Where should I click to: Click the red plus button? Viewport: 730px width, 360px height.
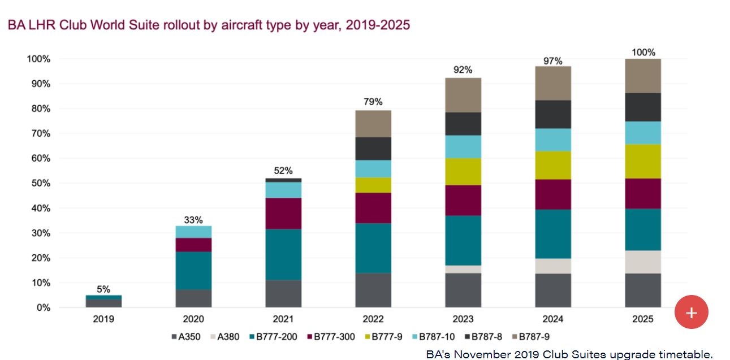point(691,312)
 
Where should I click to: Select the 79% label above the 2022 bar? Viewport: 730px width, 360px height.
point(373,102)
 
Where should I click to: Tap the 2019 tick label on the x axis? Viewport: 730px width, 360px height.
point(103,319)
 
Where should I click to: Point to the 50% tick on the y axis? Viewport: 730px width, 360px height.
point(38,183)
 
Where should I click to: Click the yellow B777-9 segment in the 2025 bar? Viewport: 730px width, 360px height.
point(643,161)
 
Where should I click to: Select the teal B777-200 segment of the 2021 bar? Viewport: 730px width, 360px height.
point(283,254)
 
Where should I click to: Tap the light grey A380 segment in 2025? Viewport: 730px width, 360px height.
point(643,262)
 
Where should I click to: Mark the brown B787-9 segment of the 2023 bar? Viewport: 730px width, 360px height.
point(463,95)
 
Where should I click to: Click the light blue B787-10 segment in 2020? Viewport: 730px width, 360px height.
point(194,232)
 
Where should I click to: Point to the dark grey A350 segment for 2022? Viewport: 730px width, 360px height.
point(373,290)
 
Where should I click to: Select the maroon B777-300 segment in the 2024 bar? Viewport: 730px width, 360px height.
point(553,194)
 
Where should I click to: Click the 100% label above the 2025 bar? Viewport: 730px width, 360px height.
point(643,53)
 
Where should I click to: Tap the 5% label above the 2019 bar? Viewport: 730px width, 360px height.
point(103,289)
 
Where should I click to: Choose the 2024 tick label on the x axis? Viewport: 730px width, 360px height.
point(553,319)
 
